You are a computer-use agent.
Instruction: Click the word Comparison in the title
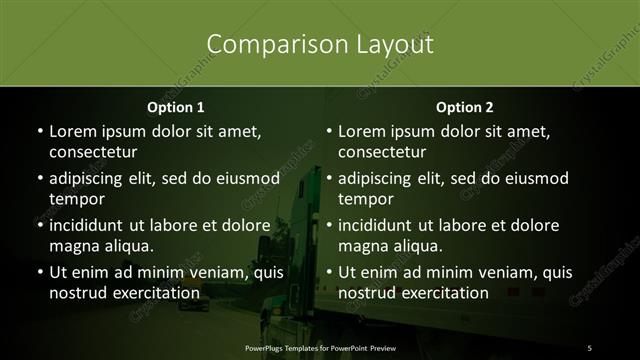266,45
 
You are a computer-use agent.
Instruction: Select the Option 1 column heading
175,107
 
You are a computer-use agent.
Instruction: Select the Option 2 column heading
465,107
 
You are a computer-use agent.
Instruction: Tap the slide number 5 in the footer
589,347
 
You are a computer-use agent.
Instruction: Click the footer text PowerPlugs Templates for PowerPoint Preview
319,347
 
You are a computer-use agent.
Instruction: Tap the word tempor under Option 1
77,199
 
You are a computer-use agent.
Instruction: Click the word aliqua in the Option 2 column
418,246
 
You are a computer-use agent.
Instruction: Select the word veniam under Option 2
485,272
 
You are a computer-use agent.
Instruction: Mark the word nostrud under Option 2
369,293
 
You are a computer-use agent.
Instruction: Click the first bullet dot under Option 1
39,132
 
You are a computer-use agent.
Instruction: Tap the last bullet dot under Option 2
329,273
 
